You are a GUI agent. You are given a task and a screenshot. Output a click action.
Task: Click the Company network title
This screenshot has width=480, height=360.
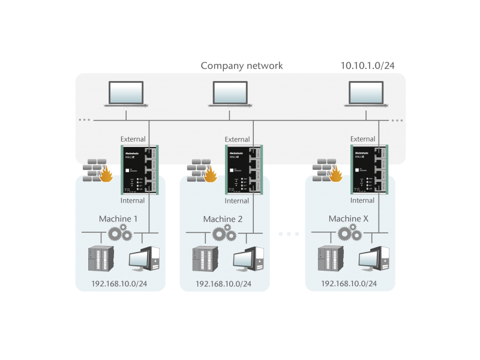pyautogui.click(x=241, y=65)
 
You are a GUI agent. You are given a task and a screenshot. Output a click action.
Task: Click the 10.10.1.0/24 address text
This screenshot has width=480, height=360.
pyautogui.click(x=367, y=65)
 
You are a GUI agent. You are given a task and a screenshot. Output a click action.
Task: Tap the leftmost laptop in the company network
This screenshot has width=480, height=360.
pyautogui.click(x=125, y=94)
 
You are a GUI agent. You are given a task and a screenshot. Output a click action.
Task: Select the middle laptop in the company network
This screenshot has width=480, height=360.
pyautogui.click(x=231, y=94)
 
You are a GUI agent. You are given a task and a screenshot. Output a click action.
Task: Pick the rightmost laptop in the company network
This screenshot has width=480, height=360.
pyautogui.click(x=367, y=94)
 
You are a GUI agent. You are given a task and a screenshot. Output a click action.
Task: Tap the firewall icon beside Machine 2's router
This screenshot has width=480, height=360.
pyautogui.click(x=202, y=170)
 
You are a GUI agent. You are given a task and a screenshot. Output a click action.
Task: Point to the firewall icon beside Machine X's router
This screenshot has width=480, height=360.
pyautogui.click(x=328, y=170)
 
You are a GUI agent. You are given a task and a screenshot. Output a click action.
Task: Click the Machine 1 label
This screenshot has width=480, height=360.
pyautogui.click(x=118, y=219)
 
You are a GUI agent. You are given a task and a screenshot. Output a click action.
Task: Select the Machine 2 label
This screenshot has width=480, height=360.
pyautogui.click(x=223, y=219)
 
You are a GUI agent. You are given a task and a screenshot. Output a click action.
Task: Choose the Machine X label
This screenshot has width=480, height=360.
pyautogui.click(x=348, y=219)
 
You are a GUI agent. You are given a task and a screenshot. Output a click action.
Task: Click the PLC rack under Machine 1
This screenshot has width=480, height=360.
pyautogui.click(x=100, y=259)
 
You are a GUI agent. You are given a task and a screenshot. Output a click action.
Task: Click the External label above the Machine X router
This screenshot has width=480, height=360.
pyautogui.click(x=362, y=139)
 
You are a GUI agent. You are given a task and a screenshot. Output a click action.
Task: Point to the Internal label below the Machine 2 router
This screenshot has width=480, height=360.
pyautogui.click(x=236, y=201)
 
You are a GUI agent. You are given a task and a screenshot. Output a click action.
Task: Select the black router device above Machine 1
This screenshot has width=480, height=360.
pyautogui.click(x=139, y=169)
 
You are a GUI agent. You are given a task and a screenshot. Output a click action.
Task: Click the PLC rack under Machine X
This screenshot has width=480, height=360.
pyautogui.click(x=328, y=259)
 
